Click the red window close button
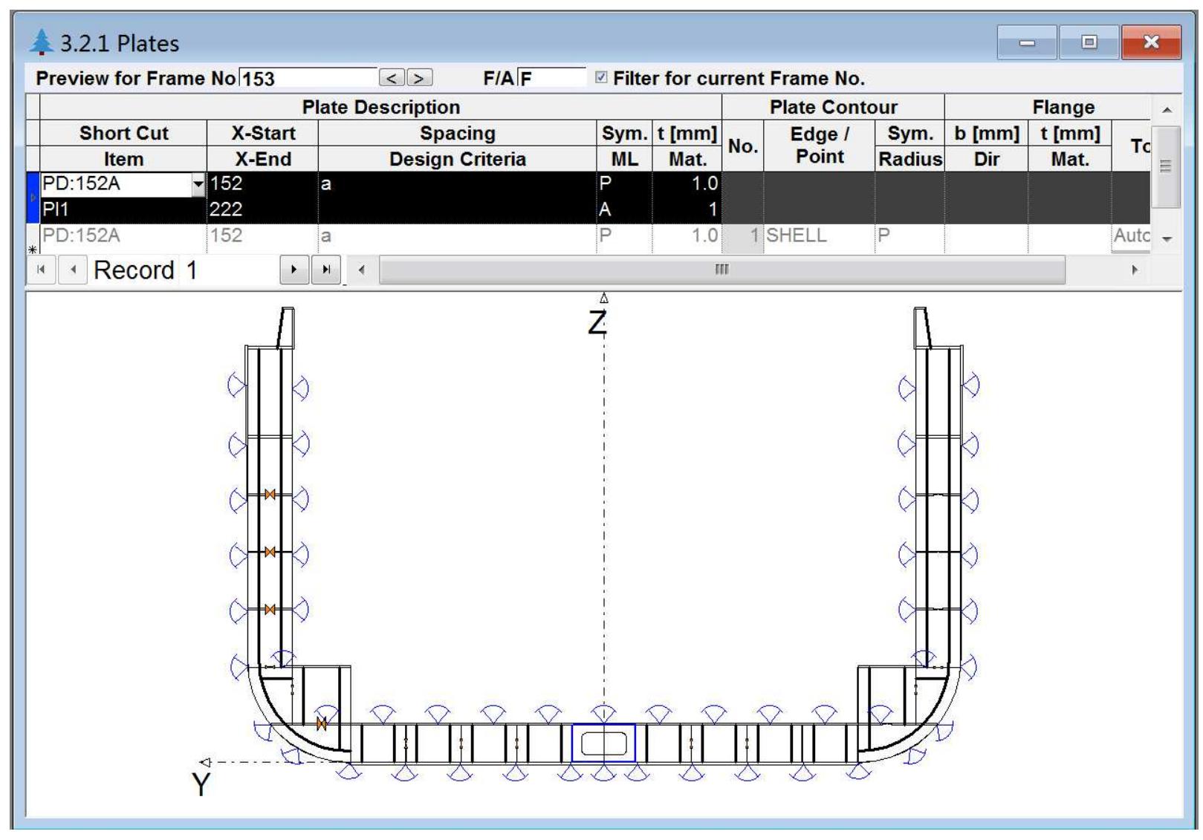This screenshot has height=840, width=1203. click(x=1150, y=42)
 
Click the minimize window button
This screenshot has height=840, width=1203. click(x=1027, y=42)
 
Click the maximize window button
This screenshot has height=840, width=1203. click(x=1089, y=42)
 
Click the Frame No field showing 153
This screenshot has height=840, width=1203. click(x=308, y=78)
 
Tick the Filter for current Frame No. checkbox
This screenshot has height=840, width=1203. click(x=601, y=77)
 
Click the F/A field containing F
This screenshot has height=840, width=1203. click(x=551, y=78)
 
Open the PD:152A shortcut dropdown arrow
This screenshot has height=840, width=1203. click(x=198, y=184)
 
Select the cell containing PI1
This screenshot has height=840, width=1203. click(x=123, y=209)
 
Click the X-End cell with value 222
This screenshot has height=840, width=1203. click(x=262, y=209)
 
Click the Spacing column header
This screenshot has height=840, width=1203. click(x=457, y=133)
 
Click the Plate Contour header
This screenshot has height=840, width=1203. click(x=833, y=107)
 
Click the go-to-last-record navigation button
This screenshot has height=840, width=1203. click(x=325, y=270)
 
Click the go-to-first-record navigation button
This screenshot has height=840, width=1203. click(x=41, y=270)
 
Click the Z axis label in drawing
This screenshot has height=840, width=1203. click(x=597, y=324)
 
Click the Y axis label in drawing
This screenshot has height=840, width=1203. click(x=201, y=784)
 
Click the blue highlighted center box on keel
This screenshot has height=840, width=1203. click(x=603, y=743)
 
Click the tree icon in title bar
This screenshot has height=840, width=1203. click(x=42, y=42)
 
